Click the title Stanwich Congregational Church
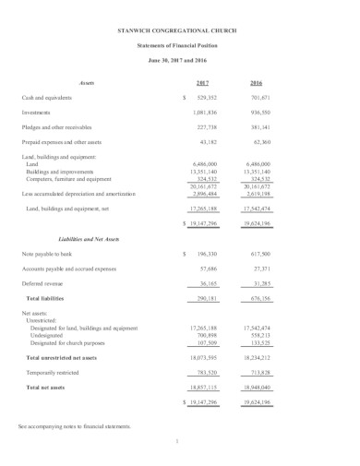[x=179, y=31]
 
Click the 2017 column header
[x=202, y=82]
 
